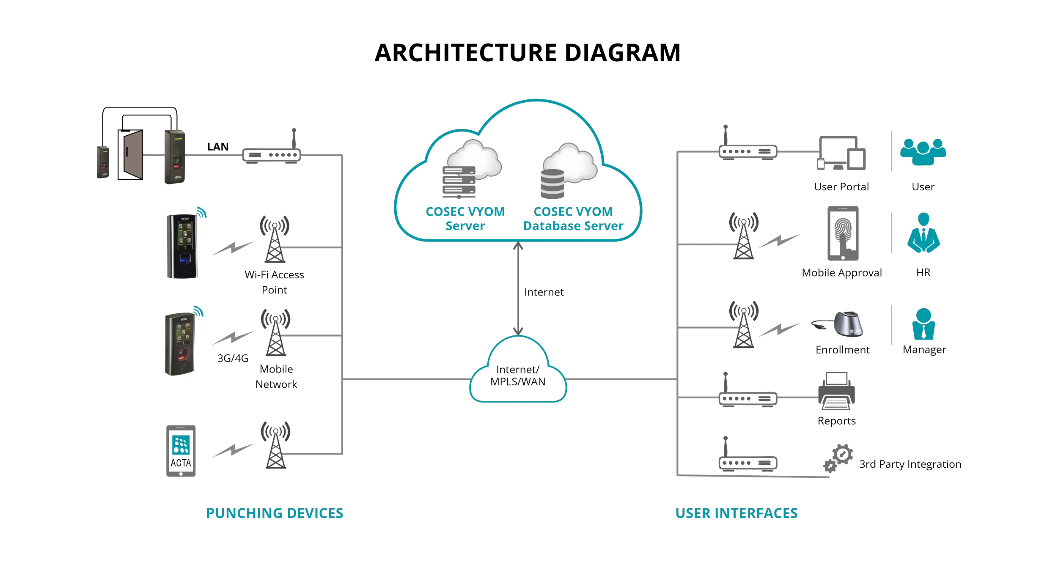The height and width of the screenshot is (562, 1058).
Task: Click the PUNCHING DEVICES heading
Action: point(275,513)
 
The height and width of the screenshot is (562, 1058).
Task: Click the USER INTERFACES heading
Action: point(736,513)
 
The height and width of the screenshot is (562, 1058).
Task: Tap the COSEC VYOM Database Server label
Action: point(573,219)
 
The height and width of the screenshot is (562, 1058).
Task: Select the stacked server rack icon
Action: point(459,182)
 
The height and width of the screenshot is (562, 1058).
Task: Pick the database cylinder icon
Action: point(552,184)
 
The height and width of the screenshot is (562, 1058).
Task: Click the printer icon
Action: point(836,391)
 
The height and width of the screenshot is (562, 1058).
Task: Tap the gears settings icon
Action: point(838,458)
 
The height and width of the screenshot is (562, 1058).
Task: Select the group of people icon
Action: point(923,151)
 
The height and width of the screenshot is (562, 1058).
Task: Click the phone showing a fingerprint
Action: point(843,233)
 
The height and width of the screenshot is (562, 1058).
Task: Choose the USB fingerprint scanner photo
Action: point(836,324)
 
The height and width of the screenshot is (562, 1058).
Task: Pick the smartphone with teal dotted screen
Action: point(181,451)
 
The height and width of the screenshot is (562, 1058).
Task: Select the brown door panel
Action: point(133,154)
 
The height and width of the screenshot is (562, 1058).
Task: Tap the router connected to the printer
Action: point(747,398)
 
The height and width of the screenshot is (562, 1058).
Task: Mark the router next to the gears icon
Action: point(747,462)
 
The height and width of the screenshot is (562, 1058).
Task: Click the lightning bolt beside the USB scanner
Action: point(779,330)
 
